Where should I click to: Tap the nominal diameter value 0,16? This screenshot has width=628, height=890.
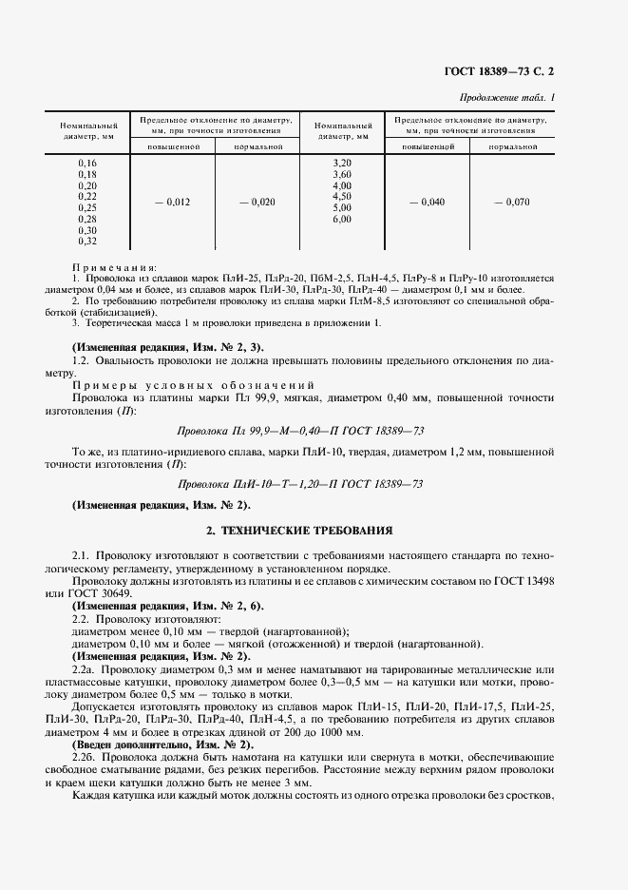point(87,164)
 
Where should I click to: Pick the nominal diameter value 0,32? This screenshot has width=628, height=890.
point(87,241)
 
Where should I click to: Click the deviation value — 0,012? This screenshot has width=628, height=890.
point(172,202)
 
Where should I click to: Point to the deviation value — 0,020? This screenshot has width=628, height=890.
point(257,202)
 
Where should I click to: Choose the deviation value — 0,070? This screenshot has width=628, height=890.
point(513,202)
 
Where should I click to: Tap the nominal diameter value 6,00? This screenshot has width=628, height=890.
point(342,219)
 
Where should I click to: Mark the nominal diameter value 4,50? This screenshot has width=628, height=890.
point(342,197)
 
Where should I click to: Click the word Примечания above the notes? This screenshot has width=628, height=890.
point(115,268)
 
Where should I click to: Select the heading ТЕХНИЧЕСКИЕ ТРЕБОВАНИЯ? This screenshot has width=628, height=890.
point(314,529)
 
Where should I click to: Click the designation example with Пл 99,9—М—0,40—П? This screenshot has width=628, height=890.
point(314,430)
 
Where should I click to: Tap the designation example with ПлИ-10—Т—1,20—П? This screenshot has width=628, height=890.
point(314,485)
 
